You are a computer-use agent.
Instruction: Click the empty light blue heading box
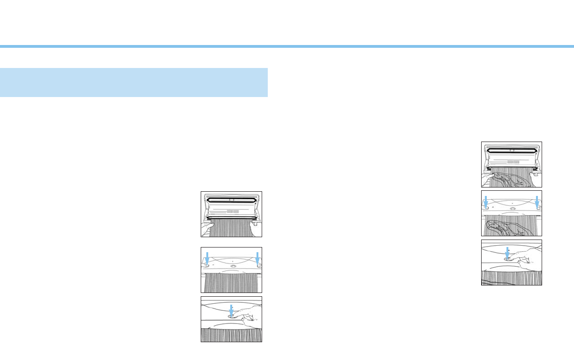click(x=134, y=82)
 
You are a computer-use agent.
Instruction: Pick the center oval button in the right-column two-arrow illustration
click(x=512, y=209)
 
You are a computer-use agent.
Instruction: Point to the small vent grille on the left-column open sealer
click(x=233, y=211)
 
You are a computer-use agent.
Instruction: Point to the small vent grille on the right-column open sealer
click(x=514, y=162)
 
